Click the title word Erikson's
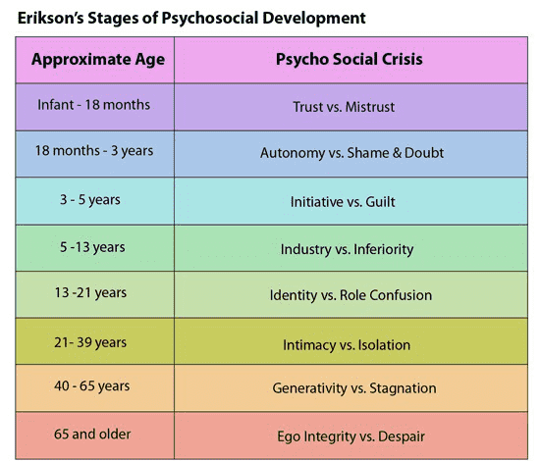coord(51,19)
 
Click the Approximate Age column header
coord(98,60)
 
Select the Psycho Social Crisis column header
coord(350,59)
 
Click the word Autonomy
coord(293,153)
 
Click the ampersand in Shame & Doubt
coord(397,153)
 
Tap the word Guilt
coord(380,202)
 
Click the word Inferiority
coord(383,249)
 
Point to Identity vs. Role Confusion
coord(351,295)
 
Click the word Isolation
coord(384,345)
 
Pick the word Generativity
coord(309,388)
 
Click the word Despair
coord(402,436)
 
